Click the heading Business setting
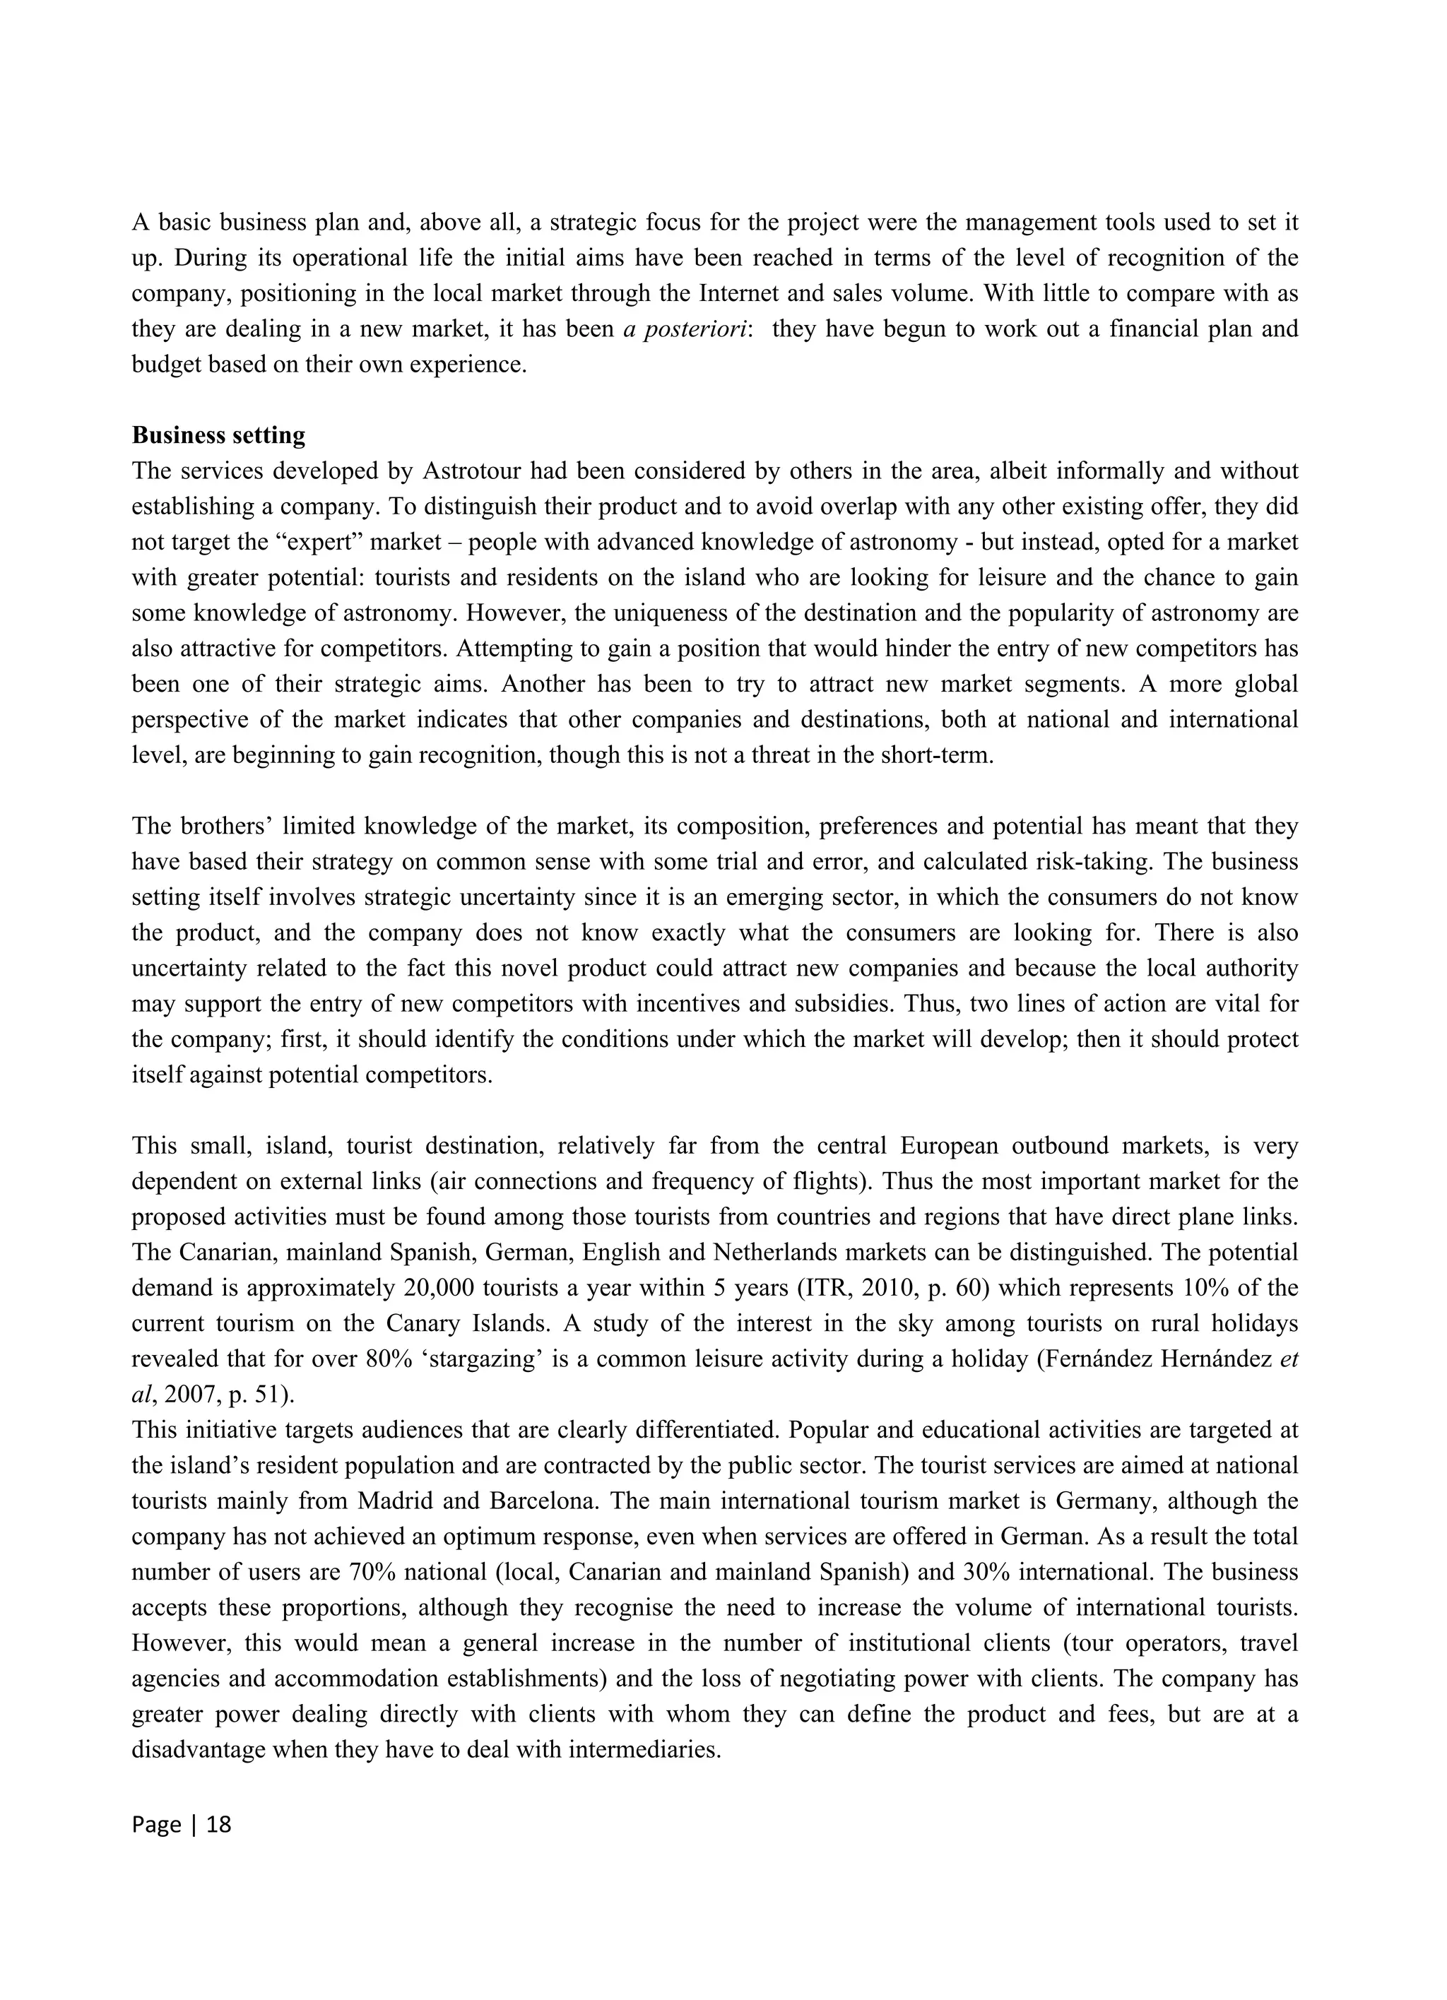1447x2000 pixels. [219, 436]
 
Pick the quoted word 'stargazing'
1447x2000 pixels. [484, 1359]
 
